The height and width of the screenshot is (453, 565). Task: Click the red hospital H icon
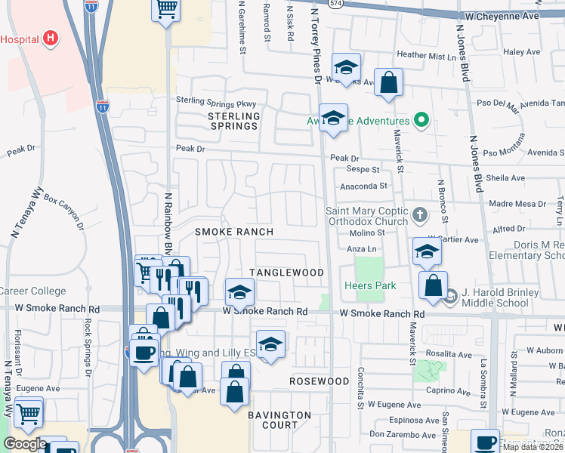pos(50,37)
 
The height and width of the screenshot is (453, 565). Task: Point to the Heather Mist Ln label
pos(428,55)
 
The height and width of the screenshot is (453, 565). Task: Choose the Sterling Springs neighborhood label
pos(234,121)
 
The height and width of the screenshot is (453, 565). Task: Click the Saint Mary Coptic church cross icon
pos(421,217)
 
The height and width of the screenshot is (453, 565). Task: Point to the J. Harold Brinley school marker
pos(451,295)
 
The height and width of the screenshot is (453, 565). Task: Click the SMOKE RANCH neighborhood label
pos(234,232)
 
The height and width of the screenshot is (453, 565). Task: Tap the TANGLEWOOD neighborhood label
pos(287,273)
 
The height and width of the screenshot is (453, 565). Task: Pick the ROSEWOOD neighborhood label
pos(320,381)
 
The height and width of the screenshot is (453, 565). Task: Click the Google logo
pos(24,444)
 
